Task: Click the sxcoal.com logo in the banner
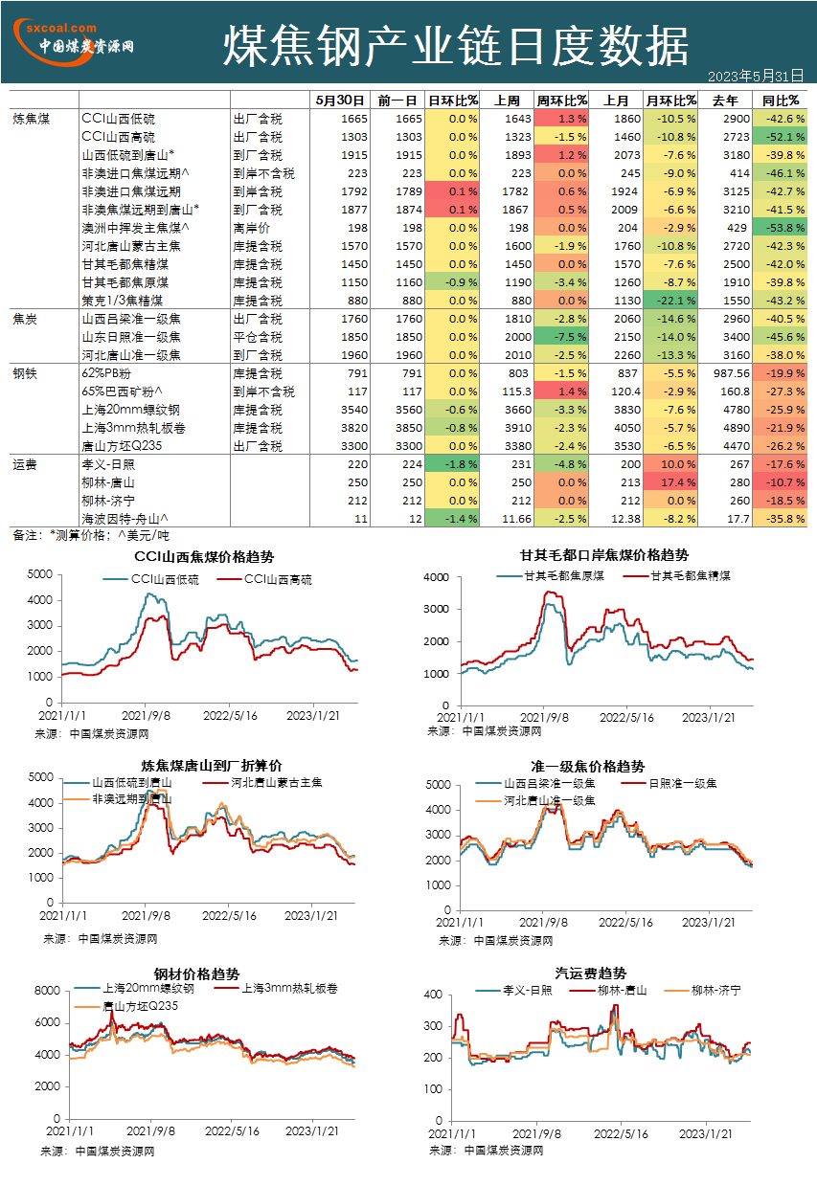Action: tap(73, 42)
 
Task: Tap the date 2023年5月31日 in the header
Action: tap(756, 77)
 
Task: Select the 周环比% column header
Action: tap(561, 101)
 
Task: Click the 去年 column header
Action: tap(725, 101)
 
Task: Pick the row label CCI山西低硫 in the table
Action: tap(118, 119)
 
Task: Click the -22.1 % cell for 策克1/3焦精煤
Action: tap(670, 301)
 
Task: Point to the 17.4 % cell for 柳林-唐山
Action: tap(670, 482)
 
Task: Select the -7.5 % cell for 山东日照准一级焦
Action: tap(561, 337)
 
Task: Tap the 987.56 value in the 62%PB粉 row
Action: tap(731, 373)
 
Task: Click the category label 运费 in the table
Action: tap(25, 464)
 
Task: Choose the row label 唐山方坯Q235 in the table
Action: tap(122, 446)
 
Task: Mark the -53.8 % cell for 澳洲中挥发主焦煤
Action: tap(780, 228)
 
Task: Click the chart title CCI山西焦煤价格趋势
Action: tap(204, 556)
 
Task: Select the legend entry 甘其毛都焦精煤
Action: tap(676, 575)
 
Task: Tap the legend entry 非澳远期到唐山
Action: tap(118, 799)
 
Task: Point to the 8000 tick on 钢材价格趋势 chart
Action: tap(48, 990)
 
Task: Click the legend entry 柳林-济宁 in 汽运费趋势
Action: tap(703, 990)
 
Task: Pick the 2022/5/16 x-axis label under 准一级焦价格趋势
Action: tap(625, 923)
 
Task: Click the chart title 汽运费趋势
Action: tap(590, 973)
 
